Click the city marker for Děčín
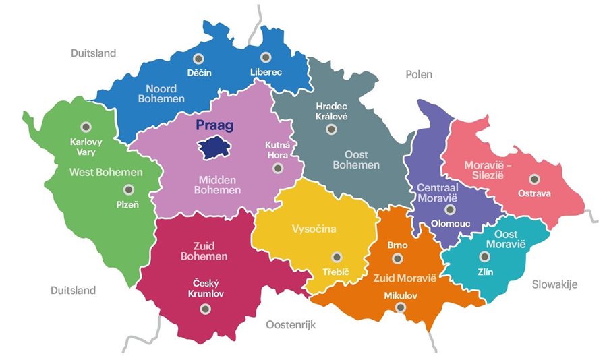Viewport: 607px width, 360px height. (197, 58)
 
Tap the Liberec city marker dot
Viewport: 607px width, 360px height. (266, 57)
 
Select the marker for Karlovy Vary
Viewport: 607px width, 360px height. (86, 127)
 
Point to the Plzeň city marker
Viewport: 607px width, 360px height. (128, 190)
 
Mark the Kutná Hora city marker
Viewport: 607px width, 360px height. (277, 168)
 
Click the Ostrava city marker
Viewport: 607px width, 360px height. (534, 179)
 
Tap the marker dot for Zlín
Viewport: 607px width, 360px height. (484, 256)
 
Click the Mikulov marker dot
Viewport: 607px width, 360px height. (401, 307)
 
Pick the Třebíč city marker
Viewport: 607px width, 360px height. (337, 257)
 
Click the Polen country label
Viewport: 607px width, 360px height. (418, 74)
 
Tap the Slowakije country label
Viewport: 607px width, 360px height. (554, 284)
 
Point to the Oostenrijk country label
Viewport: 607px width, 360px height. (291, 325)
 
